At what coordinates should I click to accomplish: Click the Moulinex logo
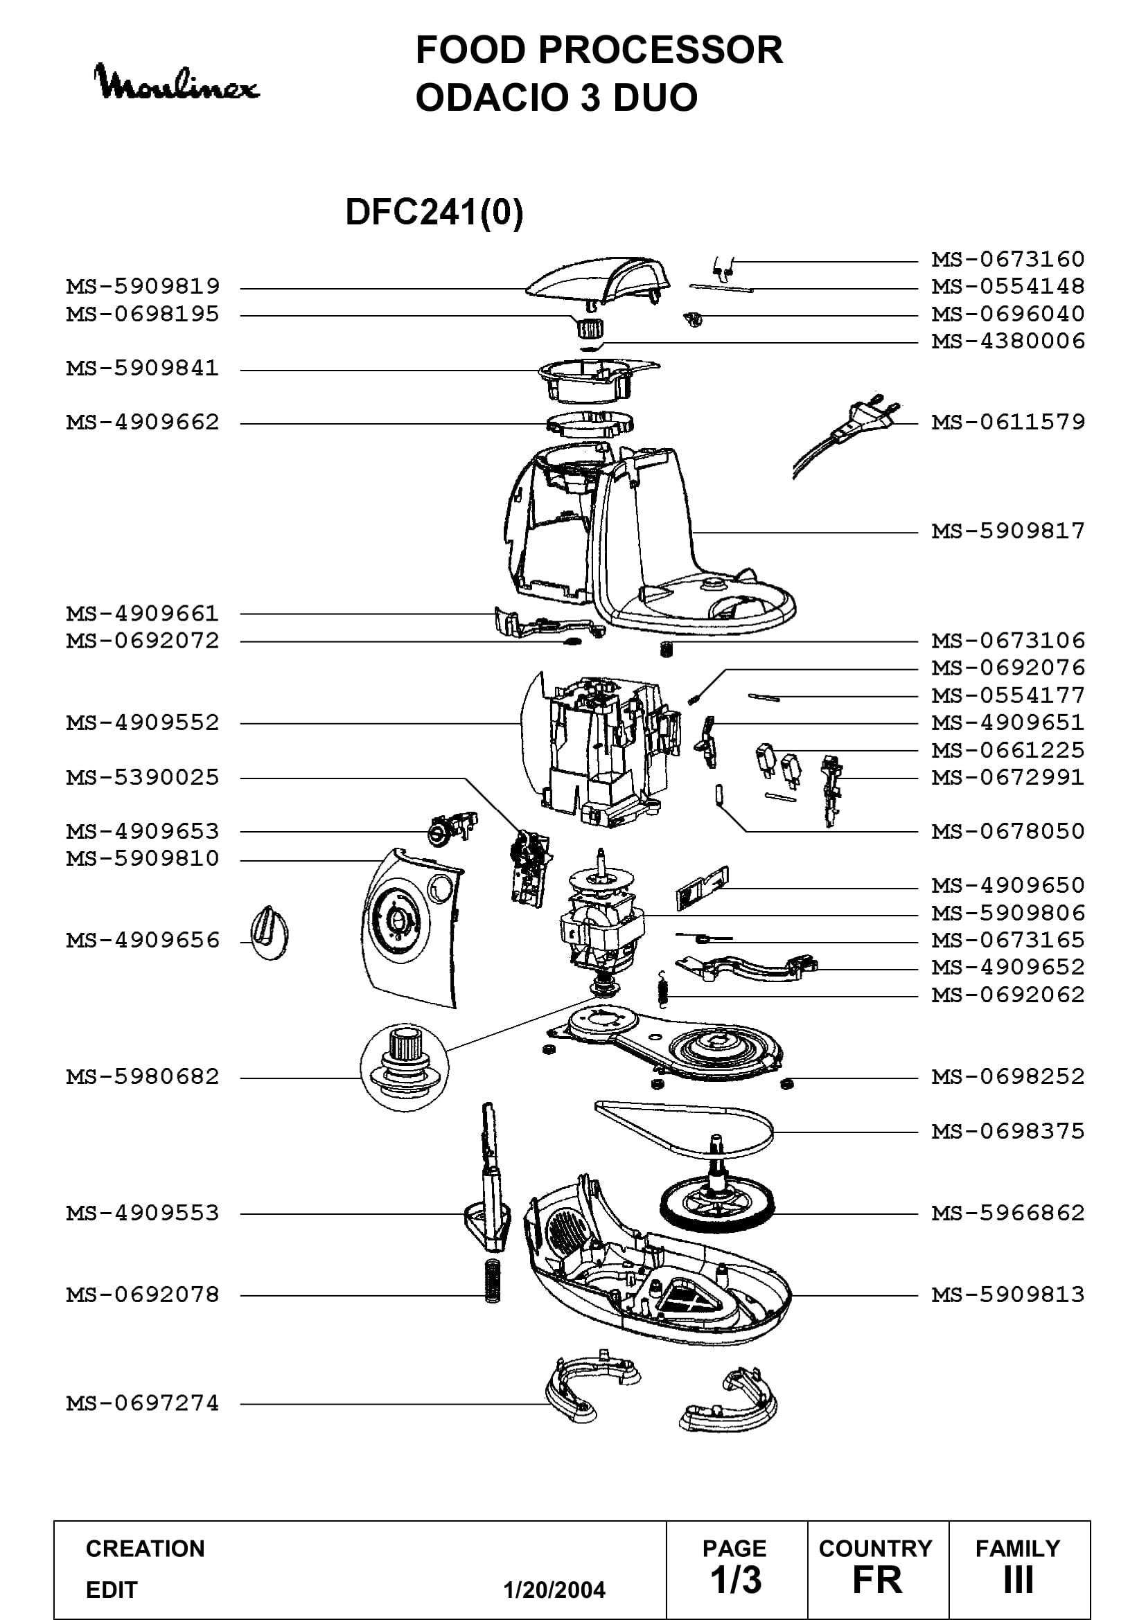point(177,82)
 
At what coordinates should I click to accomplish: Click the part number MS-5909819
point(143,287)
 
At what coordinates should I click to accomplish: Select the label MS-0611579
point(1008,422)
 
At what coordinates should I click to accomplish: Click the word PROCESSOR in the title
point(660,50)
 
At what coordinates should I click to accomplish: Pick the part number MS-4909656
point(143,941)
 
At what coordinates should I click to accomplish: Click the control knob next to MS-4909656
point(270,932)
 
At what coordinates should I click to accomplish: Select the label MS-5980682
point(143,1077)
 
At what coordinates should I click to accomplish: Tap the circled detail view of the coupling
point(405,1067)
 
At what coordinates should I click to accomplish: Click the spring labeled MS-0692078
point(493,1280)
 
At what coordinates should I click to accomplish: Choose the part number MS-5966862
point(1008,1213)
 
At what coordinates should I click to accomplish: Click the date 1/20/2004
point(555,1590)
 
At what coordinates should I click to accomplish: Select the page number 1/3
point(736,1581)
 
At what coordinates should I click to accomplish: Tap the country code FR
point(877,1581)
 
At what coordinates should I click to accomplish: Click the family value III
point(1019,1581)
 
